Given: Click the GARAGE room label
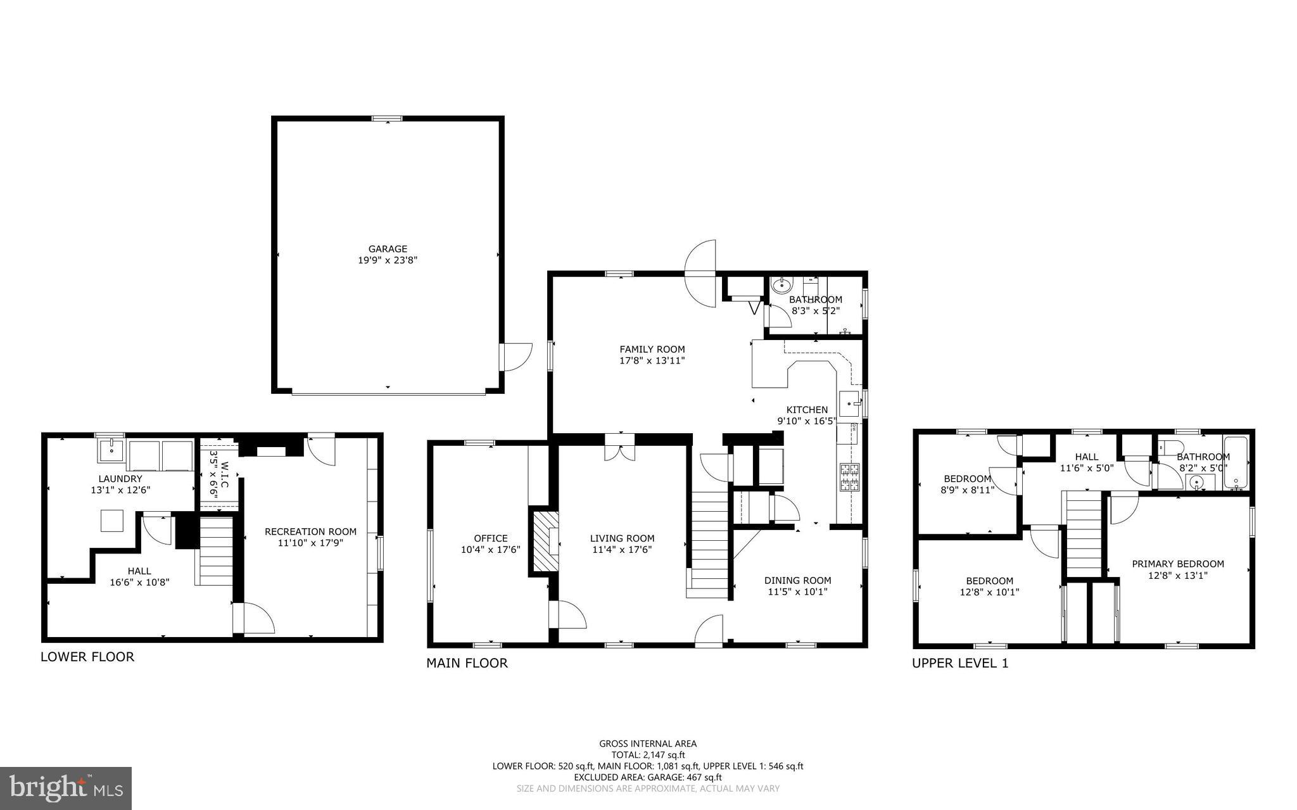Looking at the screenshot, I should [388, 249].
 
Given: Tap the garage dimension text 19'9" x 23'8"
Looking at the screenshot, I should [388, 260].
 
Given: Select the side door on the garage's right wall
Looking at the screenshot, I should [515, 357].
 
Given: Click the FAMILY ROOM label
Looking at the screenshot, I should [652, 349].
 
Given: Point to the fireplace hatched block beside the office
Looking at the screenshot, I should [545, 541].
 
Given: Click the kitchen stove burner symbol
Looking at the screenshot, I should [849, 478].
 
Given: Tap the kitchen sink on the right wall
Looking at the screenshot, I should [849, 403].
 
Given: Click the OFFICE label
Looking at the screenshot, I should [490, 538].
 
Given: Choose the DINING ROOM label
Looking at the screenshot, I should [797, 580].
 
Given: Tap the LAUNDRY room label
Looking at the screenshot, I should [120, 479].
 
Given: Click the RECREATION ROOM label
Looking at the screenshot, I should [310, 531].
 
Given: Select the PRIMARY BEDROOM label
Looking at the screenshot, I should [1177, 564].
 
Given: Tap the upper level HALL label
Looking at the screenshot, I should [1086, 457].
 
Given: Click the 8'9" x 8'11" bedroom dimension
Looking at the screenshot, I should [967, 490].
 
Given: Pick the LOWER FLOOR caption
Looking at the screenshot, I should [87, 657].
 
